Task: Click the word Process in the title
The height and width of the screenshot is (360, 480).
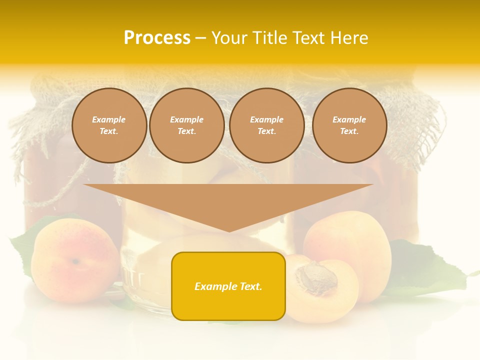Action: (x=157, y=38)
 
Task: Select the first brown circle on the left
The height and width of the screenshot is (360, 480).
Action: (x=109, y=125)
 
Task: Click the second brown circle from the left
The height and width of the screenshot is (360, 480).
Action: (x=186, y=125)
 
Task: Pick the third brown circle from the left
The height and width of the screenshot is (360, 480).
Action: (x=266, y=125)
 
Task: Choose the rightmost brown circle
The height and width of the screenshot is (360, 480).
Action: (x=349, y=125)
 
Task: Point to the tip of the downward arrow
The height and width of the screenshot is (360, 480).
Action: (x=229, y=230)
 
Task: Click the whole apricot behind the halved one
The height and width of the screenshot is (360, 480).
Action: (x=350, y=240)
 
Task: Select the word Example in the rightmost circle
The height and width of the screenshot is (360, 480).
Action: (x=349, y=119)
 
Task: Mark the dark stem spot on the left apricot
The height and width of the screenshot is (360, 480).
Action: (x=75, y=261)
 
